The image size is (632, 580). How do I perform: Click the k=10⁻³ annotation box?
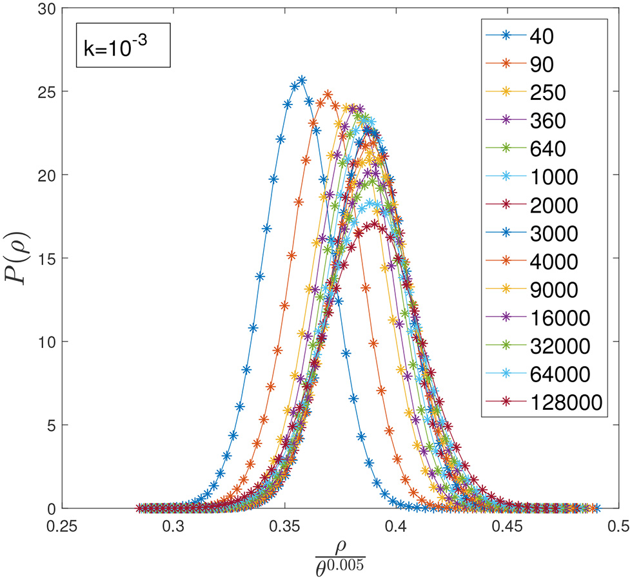(123, 46)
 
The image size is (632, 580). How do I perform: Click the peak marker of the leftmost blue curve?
(301, 81)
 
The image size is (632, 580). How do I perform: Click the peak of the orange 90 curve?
(328, 95)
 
